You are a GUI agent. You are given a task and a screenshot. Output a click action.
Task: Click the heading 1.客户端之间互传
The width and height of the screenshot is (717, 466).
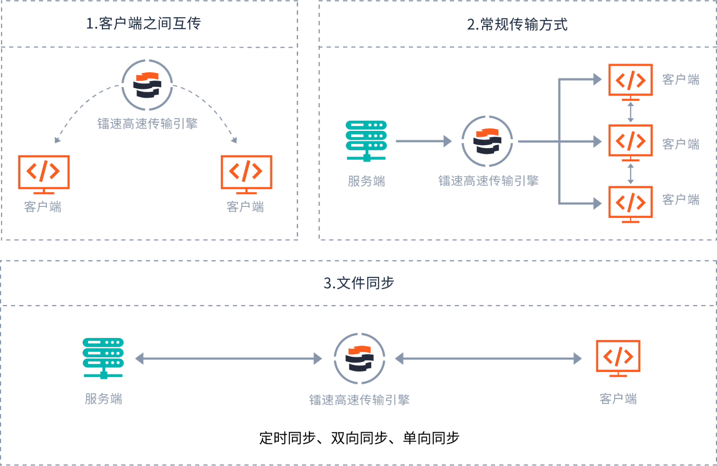click(x=143, y=24)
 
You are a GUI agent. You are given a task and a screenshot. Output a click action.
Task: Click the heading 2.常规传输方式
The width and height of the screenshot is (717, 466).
click(x=517, y=24)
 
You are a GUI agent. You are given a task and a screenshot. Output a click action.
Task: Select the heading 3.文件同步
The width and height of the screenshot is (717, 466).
click(x=359, y=283)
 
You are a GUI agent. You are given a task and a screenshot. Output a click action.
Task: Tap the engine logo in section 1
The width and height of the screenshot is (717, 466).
click(x=147, y=85)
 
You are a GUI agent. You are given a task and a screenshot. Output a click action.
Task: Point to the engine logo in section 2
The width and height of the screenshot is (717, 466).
click(x=487, y=141)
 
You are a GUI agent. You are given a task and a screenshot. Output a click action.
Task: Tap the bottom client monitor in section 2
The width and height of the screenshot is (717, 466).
click(x=631, y=203)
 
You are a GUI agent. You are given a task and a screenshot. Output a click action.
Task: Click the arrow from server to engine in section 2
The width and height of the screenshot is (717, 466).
click(x=423, y=141)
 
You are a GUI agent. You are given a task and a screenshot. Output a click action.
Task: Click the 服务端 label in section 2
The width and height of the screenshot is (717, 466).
click(x=366, y=181)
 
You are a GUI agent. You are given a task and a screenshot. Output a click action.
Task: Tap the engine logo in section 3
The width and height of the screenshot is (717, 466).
click(x=359, y=358)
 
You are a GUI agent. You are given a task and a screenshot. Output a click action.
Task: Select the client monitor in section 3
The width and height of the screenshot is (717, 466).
click(x=618, y=358)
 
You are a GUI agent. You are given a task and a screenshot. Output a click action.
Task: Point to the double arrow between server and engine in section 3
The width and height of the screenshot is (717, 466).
click(x=228, y=358)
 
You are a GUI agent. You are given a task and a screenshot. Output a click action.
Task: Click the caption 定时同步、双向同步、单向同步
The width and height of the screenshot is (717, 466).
click(x=359, y=438)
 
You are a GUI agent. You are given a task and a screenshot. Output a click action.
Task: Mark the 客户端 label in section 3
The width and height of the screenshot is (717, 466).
click(x=618, y=399)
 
